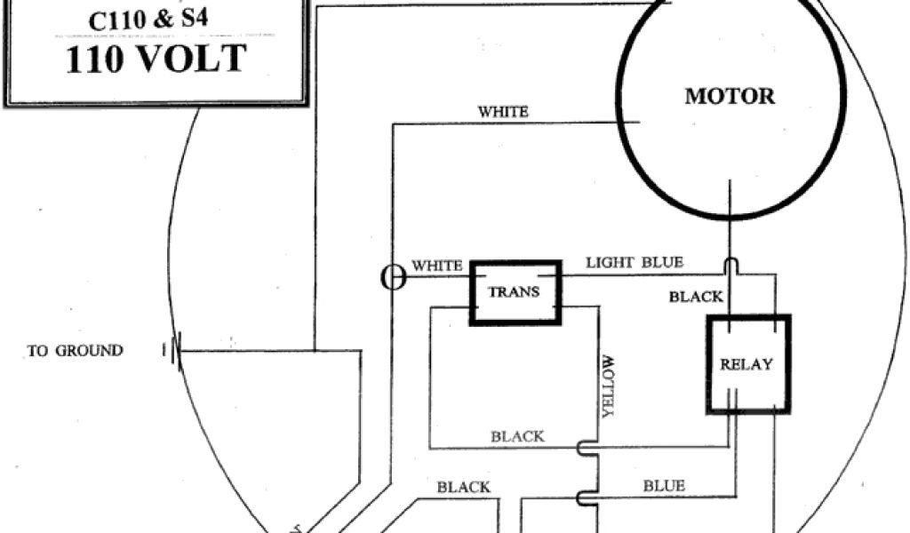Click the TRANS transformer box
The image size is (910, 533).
pos(515,291)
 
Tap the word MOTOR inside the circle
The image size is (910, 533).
pos(730,96)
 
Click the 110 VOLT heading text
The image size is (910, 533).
pos(155,60)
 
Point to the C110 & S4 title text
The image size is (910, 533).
pos(155,20)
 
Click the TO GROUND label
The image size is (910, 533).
pos(76,351)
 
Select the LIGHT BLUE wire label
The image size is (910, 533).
pos(635,262)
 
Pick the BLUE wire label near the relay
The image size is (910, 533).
pos(665,486)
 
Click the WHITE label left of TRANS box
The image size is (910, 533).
pos(436,266)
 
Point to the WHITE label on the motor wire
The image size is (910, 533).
pos(503,112)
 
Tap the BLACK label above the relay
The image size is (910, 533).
pos(696,297)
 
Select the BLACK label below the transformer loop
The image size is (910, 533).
pos(517,436)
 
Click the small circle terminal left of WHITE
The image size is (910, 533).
pos(392,278)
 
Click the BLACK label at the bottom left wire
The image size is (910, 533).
pos(463,487)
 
